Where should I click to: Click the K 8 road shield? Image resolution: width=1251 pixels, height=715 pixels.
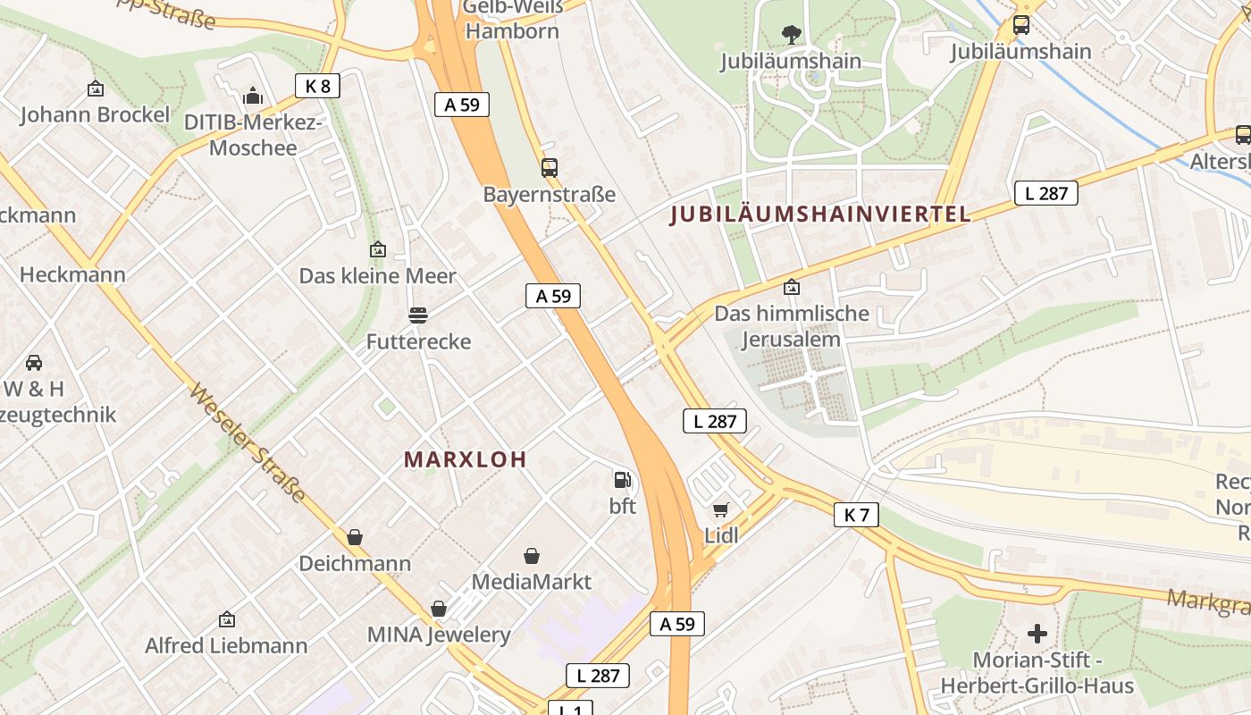point(318,86)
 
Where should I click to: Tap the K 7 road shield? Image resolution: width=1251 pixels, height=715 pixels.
point(856,514)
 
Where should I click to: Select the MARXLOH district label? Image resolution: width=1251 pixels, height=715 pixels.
point(465,459)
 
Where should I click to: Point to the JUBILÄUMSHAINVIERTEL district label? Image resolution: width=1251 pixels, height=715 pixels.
point(820,214)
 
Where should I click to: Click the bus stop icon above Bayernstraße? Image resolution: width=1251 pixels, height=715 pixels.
point(549,167)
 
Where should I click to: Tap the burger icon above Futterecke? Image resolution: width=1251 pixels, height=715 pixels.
point(417,315)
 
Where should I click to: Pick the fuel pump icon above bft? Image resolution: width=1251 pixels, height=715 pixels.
point(622,480)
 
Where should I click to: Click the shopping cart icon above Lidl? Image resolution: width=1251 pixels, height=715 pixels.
point(721,509)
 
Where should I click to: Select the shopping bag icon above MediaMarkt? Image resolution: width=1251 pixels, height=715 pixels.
point(532,556)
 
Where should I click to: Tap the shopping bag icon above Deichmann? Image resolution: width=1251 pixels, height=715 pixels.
point(355,537)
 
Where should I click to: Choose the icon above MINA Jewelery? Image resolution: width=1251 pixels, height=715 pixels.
point(439,609)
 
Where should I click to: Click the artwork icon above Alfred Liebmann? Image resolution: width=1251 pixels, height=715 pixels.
point(227,619)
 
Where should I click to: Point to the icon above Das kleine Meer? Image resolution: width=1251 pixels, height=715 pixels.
point(377,249)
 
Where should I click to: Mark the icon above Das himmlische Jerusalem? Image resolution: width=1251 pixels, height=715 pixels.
point(791,288)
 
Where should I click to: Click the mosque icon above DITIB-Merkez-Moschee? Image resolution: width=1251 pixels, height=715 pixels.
point(253,96)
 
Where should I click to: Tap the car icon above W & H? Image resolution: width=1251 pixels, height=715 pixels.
point(34,363)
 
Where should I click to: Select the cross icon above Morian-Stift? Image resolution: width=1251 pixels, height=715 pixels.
point(1037,634)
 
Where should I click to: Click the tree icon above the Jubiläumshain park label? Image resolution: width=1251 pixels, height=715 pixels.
point(791,35)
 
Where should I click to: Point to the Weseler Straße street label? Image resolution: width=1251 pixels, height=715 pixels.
point(248,443)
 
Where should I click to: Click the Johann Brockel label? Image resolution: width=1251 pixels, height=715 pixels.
point(95,114)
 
